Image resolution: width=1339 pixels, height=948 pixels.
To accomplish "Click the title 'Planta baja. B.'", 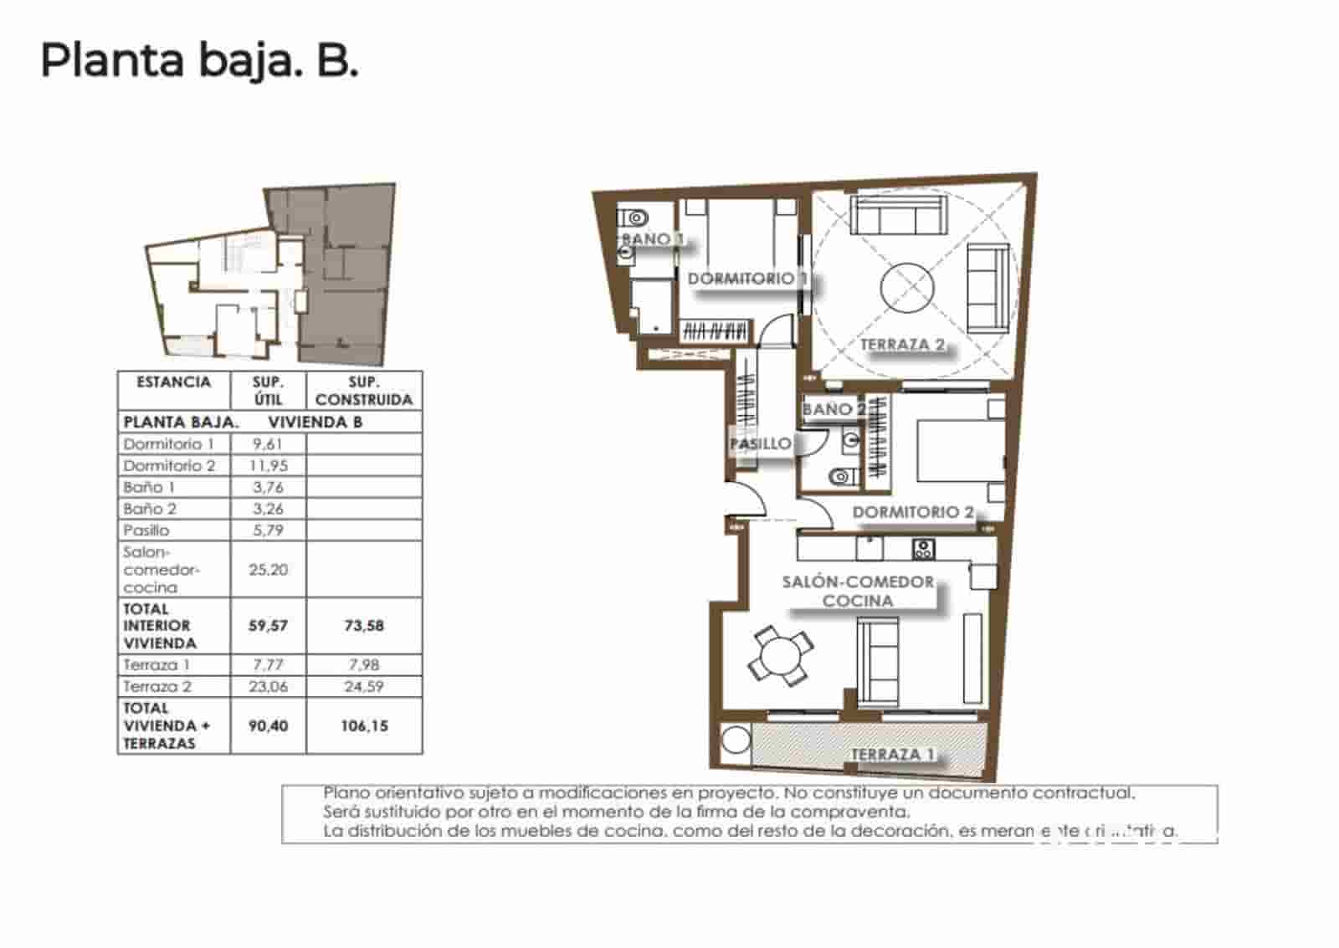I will coord(199,60).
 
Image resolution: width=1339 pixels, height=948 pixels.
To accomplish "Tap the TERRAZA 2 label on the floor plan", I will coord(902,344).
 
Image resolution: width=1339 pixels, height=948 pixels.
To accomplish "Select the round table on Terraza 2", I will coord(906,288).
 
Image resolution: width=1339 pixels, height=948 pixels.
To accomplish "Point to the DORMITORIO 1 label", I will coord(746,278).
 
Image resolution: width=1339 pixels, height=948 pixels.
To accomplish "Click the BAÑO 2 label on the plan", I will coord(834,409).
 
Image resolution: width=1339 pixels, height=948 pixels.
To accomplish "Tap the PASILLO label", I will coord(760,443).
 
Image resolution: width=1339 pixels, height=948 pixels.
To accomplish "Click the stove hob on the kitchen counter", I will coord(923,550).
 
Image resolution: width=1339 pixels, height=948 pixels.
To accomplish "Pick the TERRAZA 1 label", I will coord(892,754).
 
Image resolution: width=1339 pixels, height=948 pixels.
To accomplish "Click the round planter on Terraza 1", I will coord(736,741).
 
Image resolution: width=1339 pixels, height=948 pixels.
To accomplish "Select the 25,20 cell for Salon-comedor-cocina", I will coord(268,569).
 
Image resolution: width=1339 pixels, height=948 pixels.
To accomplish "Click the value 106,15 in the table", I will coord(364,725).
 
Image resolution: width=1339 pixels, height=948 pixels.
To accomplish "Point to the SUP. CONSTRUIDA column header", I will coord(364,391).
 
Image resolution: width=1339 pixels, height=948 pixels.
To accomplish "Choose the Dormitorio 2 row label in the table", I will coord(169,465).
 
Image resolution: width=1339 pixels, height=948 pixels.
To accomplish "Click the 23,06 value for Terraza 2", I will coord(268,686).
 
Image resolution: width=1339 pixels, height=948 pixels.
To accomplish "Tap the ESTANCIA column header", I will coord(173,382).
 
